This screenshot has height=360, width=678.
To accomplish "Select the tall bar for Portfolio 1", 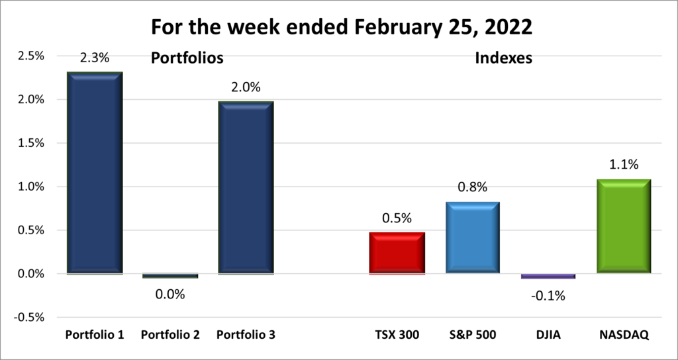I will coord(95,173).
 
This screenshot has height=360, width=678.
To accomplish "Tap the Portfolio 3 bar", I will coord(246,187).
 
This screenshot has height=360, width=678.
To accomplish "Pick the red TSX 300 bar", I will coord(397,253).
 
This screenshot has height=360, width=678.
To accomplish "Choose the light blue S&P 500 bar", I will coord(472,238).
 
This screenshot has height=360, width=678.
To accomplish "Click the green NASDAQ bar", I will coord(623,226).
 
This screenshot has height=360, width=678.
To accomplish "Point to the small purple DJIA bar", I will coord(548,276).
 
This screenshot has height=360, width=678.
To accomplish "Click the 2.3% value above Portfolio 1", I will coord(95,58).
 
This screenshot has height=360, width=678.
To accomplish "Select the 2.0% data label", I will coord(246,87).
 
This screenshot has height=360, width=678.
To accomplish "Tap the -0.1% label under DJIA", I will coord(548,295).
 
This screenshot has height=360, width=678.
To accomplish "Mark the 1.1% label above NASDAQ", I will coord(623,165).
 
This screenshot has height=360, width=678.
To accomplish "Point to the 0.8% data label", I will coord(472,188).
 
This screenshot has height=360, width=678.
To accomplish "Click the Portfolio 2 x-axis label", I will coord(170,336).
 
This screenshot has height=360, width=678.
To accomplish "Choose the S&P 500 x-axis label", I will coord(472,336).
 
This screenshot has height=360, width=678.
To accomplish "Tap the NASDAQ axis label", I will coord(623,336).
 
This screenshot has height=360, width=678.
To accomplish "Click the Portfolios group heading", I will coord(187,58).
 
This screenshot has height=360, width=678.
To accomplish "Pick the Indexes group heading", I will coord(505,58).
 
